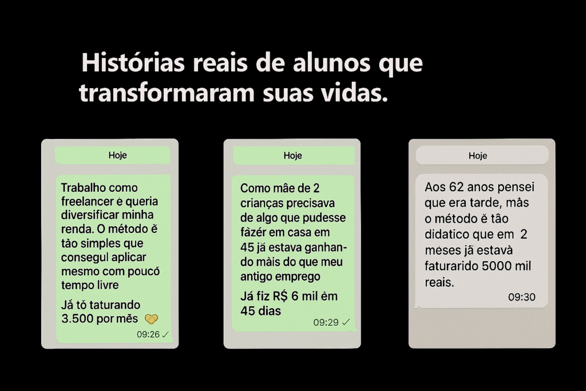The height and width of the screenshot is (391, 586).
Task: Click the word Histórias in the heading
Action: tap(133, 62)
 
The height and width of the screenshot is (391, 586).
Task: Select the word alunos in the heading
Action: tap(331, 62)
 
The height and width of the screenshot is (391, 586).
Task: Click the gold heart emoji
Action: tap(151, 319)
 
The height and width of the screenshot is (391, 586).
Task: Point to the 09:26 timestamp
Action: tap(148, 334)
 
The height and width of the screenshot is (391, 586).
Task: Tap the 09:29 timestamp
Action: tap(326, 322)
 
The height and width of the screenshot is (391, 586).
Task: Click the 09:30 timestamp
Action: tap(522, 297)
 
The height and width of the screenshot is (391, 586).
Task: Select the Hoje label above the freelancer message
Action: tap(118, 155)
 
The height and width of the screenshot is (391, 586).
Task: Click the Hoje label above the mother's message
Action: tap(292, 156)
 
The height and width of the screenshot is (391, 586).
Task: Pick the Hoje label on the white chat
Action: tap(478, 156)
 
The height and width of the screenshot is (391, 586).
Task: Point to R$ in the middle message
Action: tap(280, 296)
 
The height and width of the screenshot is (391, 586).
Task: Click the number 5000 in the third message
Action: tap(497, 266)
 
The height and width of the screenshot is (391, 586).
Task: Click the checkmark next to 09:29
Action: tap(346, 322)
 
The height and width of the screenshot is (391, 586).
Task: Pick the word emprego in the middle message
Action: tap(299, 277)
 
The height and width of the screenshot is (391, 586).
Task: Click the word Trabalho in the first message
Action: tap(84, 187)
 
